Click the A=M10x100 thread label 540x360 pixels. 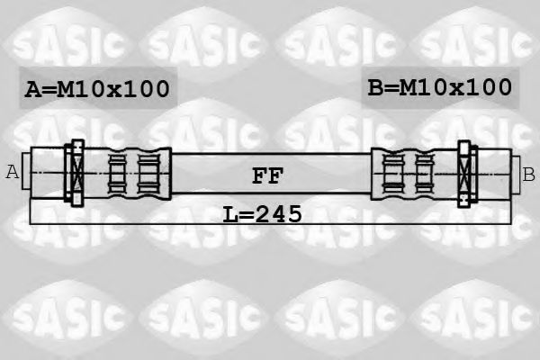pyautogui.click(x=97, y=89)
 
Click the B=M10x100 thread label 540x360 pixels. pyautogui.click(x=440, y=87)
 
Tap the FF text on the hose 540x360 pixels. pyautogui.click(x=267, y=175)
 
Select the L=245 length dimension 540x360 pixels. pyautogui.click(x=263, y=214)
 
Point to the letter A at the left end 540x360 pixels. pyautogui.click(x=13, y=172)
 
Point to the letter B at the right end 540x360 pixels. pyautogui.click(x=528, y=174)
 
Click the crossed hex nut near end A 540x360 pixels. pyautogui.click(x=77, y=173)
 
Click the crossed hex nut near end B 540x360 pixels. pyautogui.click(x=464, y=174)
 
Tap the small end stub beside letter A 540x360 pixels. pyautogui.click(x=26, y=171)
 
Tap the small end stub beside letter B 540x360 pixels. pyautogui.click(x=516, y=175)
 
